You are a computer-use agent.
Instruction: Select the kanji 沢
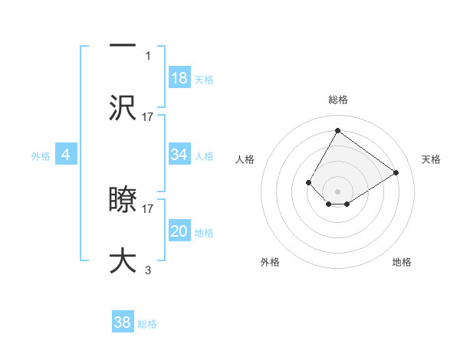pos(123,107)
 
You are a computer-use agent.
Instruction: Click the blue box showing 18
pos(179,78)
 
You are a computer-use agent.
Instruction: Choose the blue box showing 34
pos(179,155)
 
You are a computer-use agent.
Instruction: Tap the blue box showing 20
pos(179,232)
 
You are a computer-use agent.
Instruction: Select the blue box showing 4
pos(65,155)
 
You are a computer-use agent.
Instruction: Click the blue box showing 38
pos(122,322)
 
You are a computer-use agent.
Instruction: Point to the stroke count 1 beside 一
pos(148,56)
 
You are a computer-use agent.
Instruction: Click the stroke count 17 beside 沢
pos(148,116)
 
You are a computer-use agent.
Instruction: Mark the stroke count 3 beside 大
pos(148,270)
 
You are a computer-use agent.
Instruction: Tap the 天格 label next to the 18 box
pos(203,79)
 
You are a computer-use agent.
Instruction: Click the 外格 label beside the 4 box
pos(40,156)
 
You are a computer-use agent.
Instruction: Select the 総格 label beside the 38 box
pos(147,323)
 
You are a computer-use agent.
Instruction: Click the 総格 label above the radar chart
pos(337,100)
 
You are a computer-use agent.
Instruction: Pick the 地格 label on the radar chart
pos(402,262)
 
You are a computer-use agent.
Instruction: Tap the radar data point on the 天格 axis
pos(396,172)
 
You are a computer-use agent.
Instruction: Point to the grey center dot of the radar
pos(337,191)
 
